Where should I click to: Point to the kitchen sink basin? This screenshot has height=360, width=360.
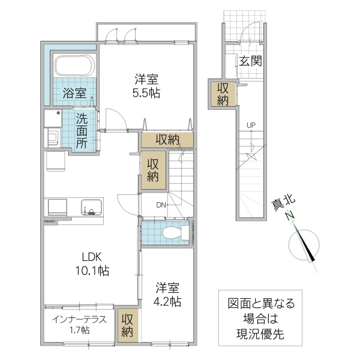click(x=91, y=206)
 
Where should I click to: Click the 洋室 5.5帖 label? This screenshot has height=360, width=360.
click(x=147, y=85)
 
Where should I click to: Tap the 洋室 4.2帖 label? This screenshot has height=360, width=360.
click(x=168, y=294)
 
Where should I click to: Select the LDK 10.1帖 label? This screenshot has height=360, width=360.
click(x=92, y=263)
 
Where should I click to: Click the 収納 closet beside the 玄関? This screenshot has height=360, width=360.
click(x=223, y=94)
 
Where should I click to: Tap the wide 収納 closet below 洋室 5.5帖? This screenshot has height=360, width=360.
click(x=168, y=140)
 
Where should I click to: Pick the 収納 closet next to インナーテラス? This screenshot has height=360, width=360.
click(x=127, y=325)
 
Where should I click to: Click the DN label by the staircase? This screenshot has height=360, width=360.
click(x=160, y=205)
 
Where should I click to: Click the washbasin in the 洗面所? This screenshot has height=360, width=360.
click(x=52, y=137)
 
